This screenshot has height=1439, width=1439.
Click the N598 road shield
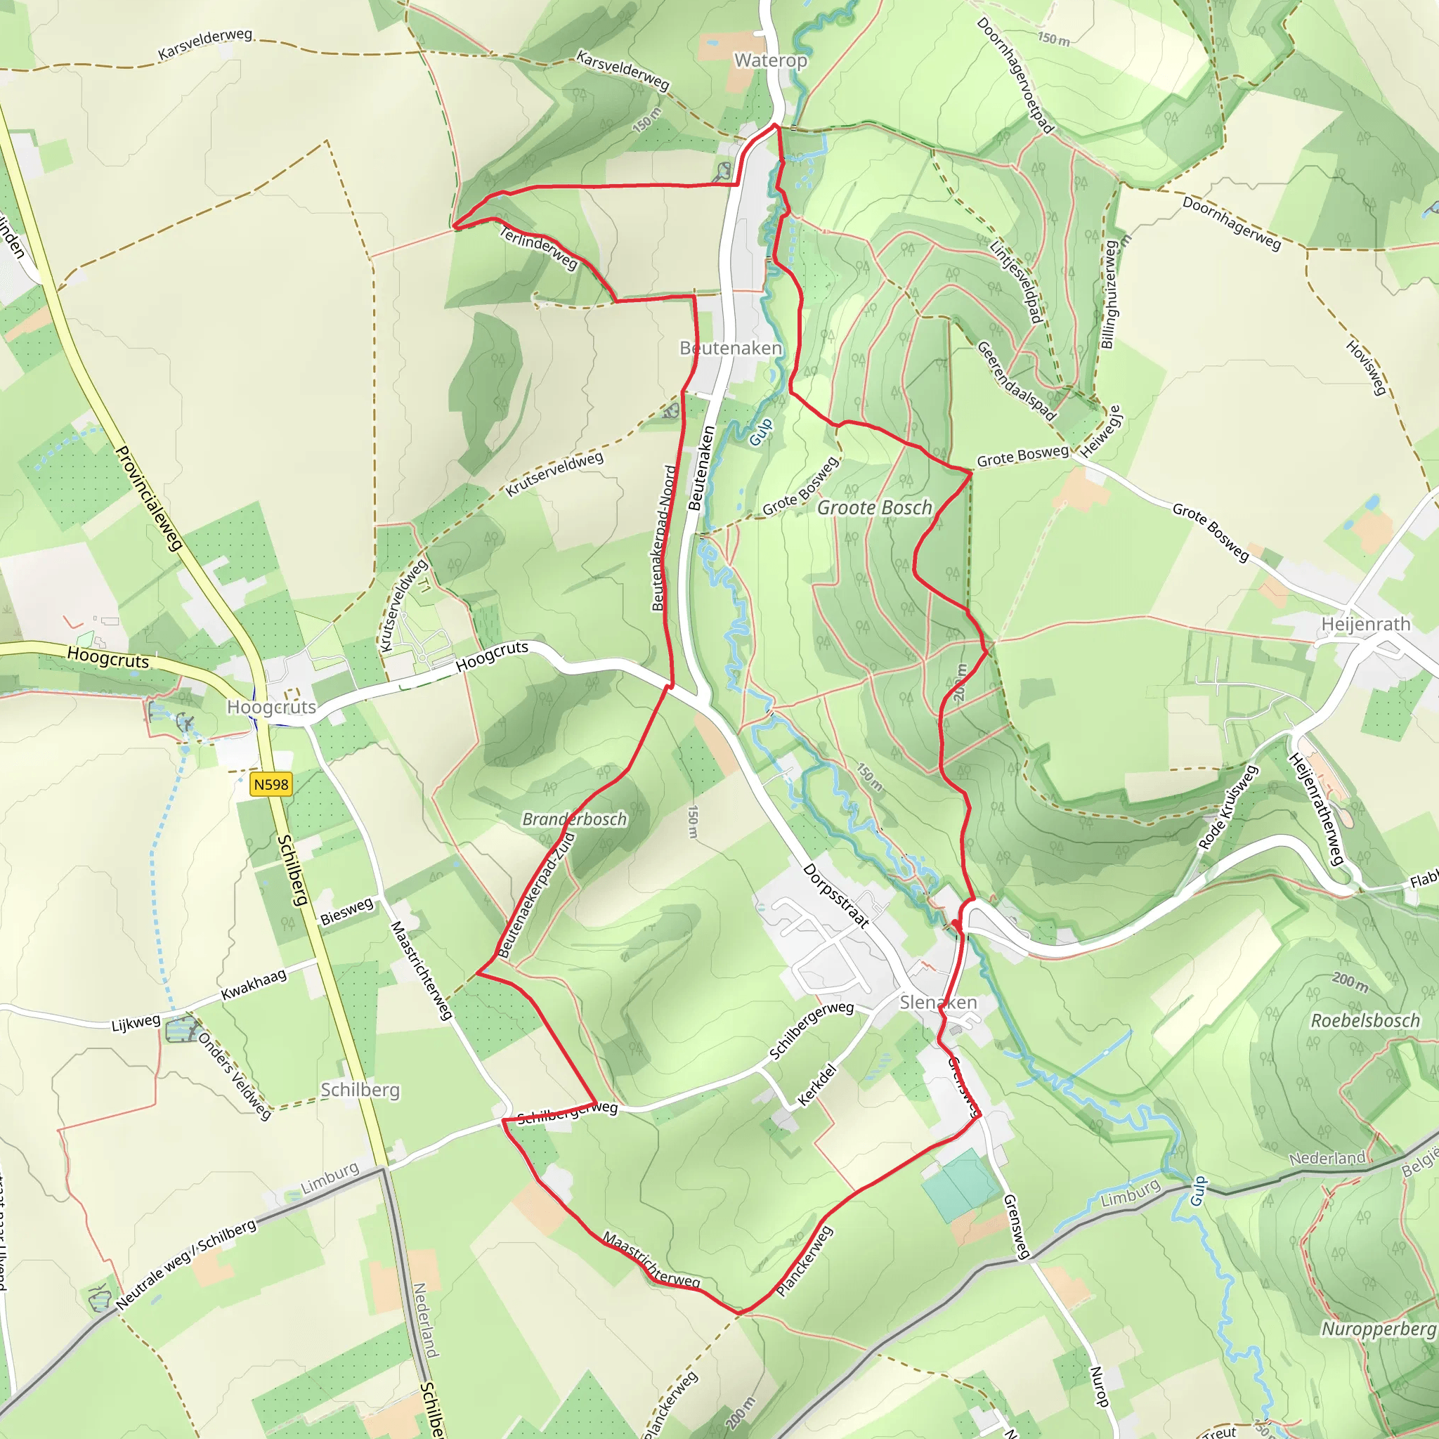tap(271, 784)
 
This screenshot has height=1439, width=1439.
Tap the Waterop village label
tap(770, 60)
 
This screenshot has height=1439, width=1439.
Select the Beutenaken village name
tap(731, 348)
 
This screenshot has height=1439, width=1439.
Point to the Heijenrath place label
tap(1365, 624)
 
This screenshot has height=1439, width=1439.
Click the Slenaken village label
tap(938, 1003)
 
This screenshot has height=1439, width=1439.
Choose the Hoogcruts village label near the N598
tap(271, 707)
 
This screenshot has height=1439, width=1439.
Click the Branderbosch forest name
tap(574, 819)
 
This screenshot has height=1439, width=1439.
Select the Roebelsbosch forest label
tap(1365, 1020)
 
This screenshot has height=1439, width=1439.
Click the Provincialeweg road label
tap(150, 498)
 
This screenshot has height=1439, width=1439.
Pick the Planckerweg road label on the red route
tap(804, 1261)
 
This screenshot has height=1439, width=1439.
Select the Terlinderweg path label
tap(538, 248)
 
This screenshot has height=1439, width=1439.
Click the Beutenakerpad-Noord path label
tap(663, 538)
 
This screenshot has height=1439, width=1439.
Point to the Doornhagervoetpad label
tap(1015, 75)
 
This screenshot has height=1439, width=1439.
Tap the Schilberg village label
tap(360, 1090)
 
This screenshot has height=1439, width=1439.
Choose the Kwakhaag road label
tap(253, 984)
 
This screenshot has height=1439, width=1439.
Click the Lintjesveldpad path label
tap(1015, 281)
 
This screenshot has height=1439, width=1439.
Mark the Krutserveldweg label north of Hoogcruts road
tap(554, 474)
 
